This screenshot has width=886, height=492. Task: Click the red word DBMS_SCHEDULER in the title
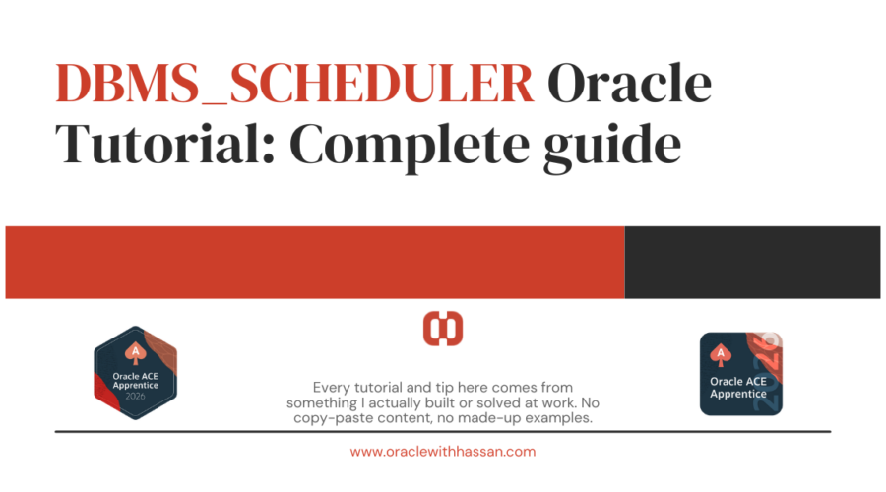click(295, 88)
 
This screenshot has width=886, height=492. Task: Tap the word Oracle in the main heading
click(629, 88)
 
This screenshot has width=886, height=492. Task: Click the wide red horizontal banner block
click(315, 262)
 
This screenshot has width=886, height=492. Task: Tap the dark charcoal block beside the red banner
click(752, 262)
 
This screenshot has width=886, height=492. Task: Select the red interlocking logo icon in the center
click(443, 329)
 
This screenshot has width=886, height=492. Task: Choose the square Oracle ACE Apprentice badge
click(740, 373)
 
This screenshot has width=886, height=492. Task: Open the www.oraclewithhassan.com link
click(442, 452)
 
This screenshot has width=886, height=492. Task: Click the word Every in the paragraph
click(331, 388)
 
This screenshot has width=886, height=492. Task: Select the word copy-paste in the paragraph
click(331, 419)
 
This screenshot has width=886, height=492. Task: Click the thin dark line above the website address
click(442, 431)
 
